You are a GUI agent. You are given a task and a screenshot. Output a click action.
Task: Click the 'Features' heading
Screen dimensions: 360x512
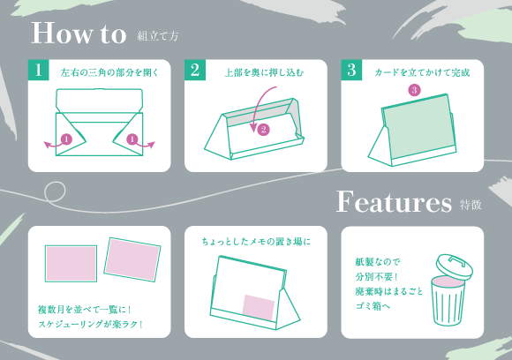point(394,202)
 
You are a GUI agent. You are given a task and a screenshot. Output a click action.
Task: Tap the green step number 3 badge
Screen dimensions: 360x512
point(351,71)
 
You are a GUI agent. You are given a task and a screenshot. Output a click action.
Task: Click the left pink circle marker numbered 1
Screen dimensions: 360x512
point(65,139)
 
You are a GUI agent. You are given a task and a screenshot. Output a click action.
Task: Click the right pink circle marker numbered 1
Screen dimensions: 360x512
point(132,139)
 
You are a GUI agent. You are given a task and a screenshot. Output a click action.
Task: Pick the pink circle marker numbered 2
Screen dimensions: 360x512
point(262,129)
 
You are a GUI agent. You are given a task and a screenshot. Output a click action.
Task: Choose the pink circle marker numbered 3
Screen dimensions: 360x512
point(414,90)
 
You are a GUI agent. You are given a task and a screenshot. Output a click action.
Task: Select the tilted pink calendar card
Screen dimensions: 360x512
point(132,259)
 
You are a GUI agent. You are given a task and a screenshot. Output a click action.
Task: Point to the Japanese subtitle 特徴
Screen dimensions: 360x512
point(471,206)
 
